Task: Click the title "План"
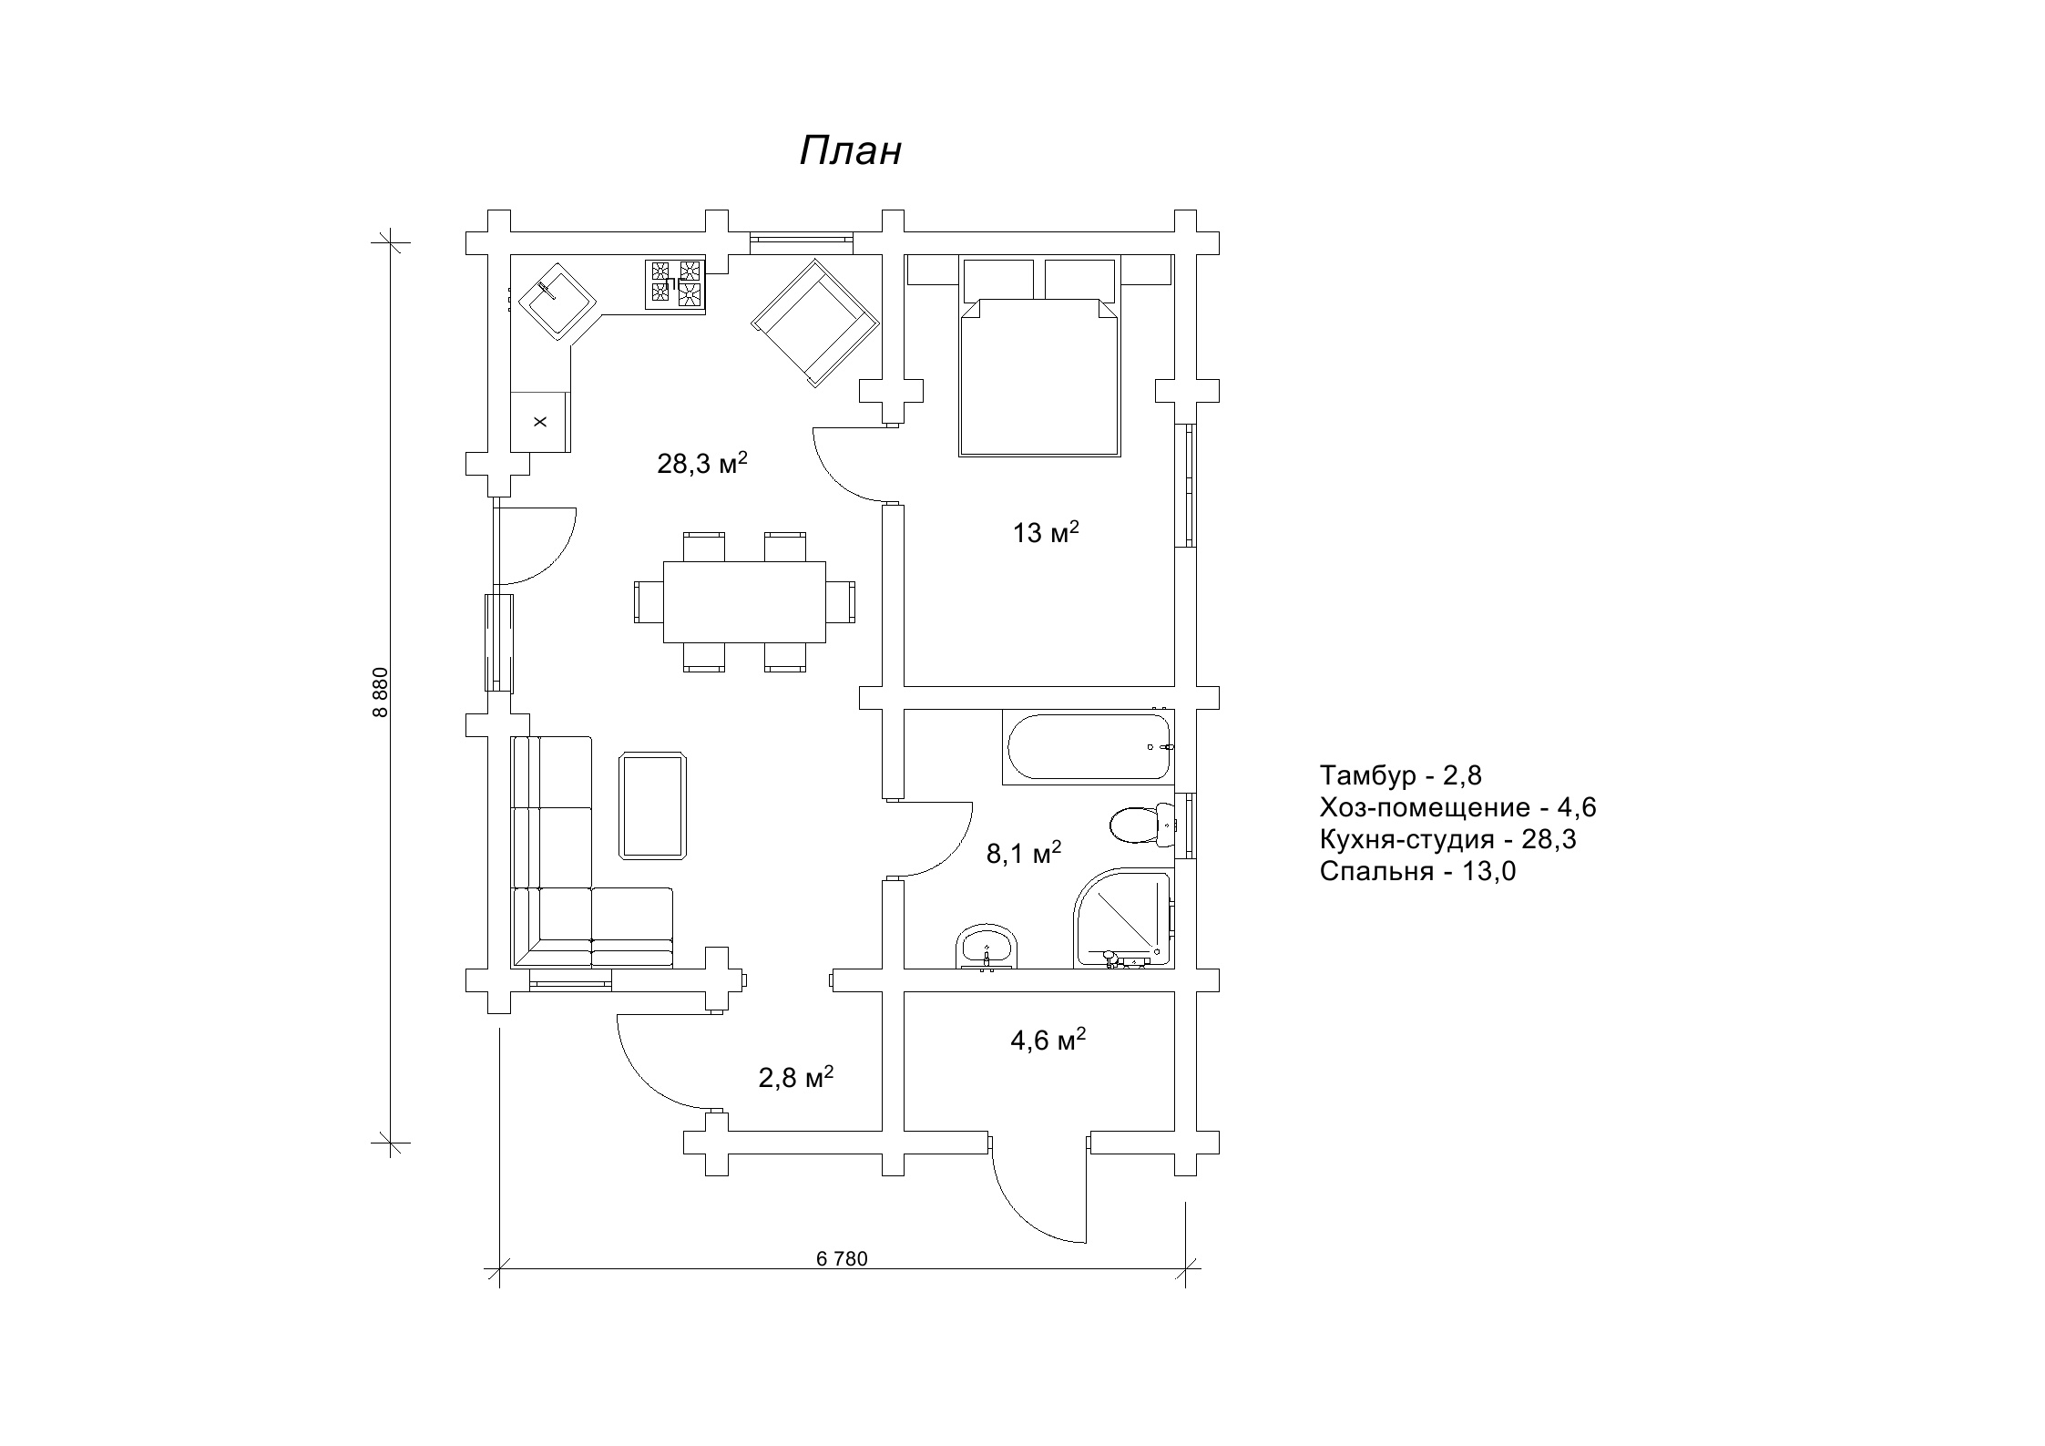[850, 151]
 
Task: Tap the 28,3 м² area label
[702, 463]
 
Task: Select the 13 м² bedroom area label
[1046, 532]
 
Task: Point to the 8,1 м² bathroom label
[1024, 853]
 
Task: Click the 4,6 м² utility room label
[1048, 1040]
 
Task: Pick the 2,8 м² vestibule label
[796, 1078]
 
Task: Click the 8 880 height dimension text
[381, 692]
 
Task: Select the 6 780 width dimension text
[842, 1259]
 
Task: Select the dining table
[744, 602]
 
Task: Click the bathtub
[1089, 746]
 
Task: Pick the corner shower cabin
[1123, 918]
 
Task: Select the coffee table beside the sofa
[653, 805]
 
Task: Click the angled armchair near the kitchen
[814, 323]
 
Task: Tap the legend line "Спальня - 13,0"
[1417, 872]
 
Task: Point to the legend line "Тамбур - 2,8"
[1400, 775]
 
